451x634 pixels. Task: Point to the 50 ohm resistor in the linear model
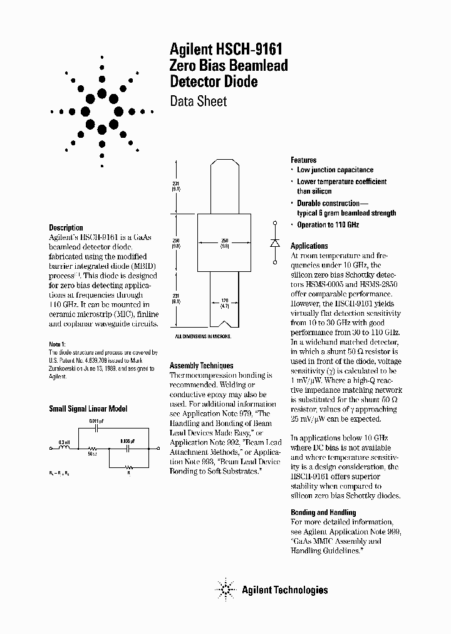(x=92, y=449)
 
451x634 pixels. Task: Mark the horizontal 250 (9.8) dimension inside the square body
(x=224, y=244)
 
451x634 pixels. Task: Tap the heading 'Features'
(x=303, y=160)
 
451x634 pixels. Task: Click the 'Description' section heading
(x=66, y=227)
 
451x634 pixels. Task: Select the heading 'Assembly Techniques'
(x=201, y=365)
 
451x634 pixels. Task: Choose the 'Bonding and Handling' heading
(x=323, y=512)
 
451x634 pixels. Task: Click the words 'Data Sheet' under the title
(x=198, y=101)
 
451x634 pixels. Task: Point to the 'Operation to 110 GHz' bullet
(x=328, y=225)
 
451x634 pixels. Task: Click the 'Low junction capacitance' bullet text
(x=334, y=170)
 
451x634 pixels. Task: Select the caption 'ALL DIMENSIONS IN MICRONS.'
(x=203, y=336)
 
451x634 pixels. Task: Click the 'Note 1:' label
(x=57, y=345)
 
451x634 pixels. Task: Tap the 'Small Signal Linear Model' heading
(x=88, y=408)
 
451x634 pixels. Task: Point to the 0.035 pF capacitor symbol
(x=128, y=449)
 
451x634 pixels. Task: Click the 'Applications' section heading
(x=309, y=246)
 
